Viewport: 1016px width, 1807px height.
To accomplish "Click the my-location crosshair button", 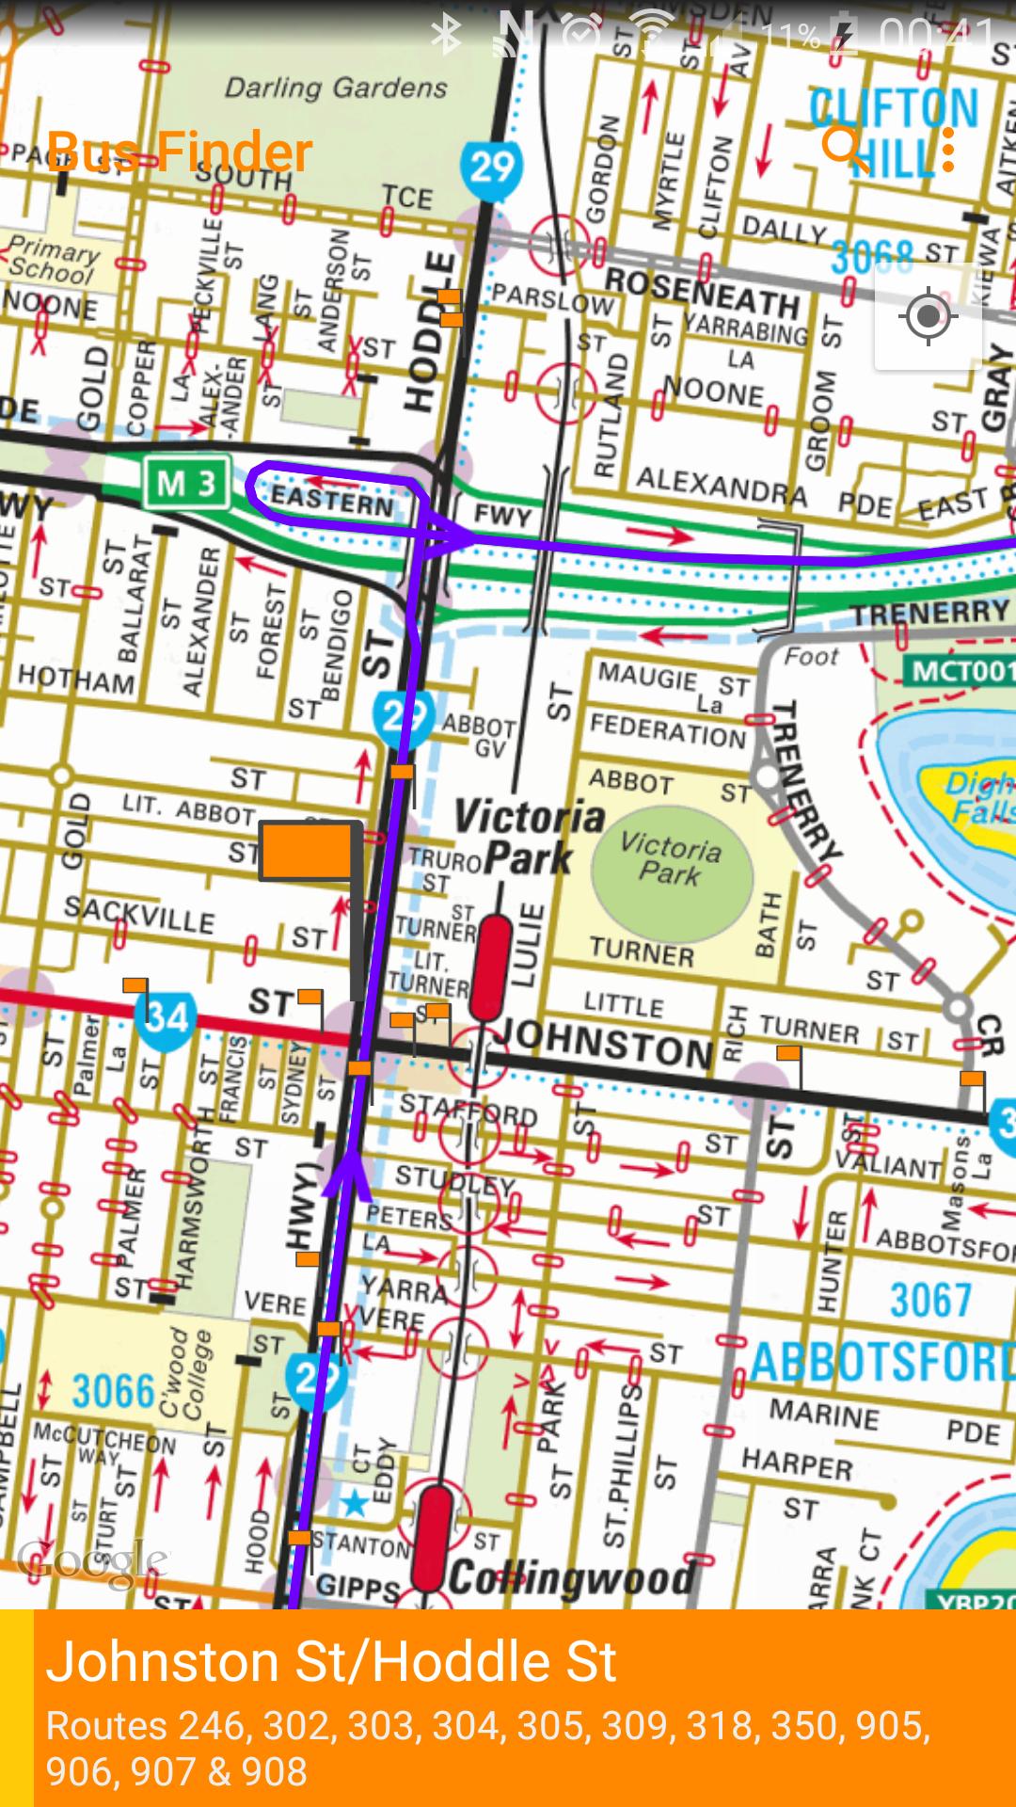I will coord(928,316).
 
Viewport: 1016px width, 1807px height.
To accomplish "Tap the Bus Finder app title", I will coord(179,152).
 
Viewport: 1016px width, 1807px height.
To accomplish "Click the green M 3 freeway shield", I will coord(185,484).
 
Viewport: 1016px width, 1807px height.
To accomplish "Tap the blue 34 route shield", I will coord(166,1016).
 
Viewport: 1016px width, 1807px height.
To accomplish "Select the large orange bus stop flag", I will coord(307,851).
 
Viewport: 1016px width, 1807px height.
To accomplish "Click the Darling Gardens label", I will coord(336,88).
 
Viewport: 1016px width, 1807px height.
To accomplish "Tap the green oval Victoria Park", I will coord(672,861).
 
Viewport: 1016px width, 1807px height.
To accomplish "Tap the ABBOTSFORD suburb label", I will coord(880,1363).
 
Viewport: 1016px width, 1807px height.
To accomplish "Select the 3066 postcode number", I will coord(113,1391).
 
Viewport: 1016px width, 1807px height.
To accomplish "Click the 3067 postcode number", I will coord(929,1301).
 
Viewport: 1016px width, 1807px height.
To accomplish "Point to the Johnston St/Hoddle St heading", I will coord(331,1661).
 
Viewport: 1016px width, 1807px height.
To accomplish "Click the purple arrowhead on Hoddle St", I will coord(348,1172).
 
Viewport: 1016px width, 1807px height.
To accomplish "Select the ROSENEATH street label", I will coord(701,294).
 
